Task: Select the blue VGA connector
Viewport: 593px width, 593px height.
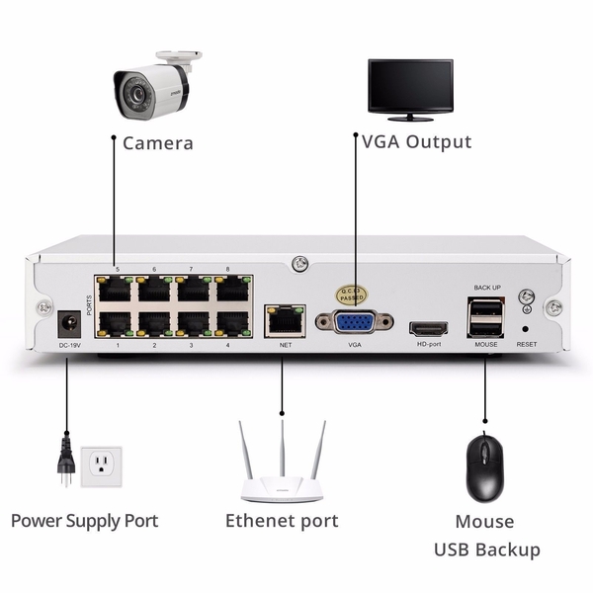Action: coord(354,321)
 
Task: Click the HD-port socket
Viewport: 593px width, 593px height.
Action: coord(429,326)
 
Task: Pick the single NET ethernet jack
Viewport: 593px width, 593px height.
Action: coord(285,319)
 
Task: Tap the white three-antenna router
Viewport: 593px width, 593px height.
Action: coord(281,473)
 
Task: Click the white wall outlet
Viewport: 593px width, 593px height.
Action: coord(101,464)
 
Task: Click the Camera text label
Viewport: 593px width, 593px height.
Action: coord(157,143)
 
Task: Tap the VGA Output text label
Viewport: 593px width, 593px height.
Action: coord(416,142)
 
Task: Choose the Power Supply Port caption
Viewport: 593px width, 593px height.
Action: coord(84,520)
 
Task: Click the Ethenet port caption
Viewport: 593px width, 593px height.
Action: coord(282,520)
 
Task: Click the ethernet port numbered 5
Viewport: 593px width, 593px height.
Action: coord(117,289)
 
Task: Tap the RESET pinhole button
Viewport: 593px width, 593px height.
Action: coord(525,327)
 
